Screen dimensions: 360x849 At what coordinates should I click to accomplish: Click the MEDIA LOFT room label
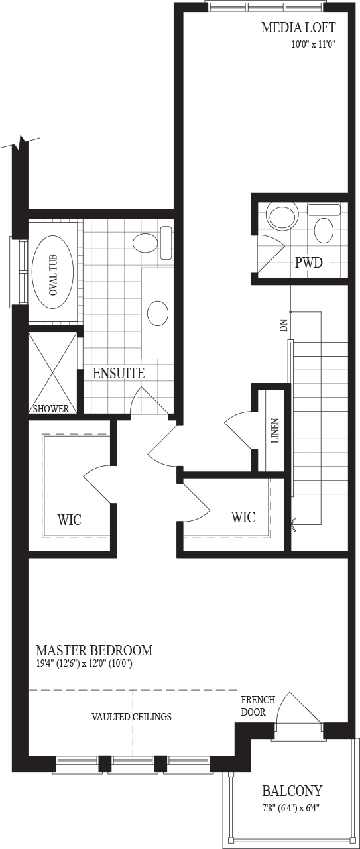click(298, 28)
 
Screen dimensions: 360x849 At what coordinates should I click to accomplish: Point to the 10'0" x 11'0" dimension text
click(314, 44)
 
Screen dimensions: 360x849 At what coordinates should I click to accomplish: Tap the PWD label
click(309, 262)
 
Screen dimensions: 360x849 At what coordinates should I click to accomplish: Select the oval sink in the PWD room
click(324, 231)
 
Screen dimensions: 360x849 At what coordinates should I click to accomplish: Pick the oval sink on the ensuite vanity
click(158, 313)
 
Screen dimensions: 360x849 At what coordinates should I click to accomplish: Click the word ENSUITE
click(119, 373)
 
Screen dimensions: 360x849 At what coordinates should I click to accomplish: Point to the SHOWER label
click(51, 408)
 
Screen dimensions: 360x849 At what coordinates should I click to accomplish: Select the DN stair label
click(284, 326)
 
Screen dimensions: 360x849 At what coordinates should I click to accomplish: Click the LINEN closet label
click(275, 431)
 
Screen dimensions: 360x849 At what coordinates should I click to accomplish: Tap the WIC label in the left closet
click(70, 519)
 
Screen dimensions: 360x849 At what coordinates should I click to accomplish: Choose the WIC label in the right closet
click(243, 517)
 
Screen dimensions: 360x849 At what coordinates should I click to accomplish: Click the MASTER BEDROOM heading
click(94, 650)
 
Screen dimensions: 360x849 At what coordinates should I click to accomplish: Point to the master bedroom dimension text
click(84, 663)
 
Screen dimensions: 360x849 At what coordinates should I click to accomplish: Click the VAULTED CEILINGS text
click(131, 716)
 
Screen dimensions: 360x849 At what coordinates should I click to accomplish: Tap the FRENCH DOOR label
click(258, 706)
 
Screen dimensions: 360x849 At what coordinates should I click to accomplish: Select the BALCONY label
click(292, 791)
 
